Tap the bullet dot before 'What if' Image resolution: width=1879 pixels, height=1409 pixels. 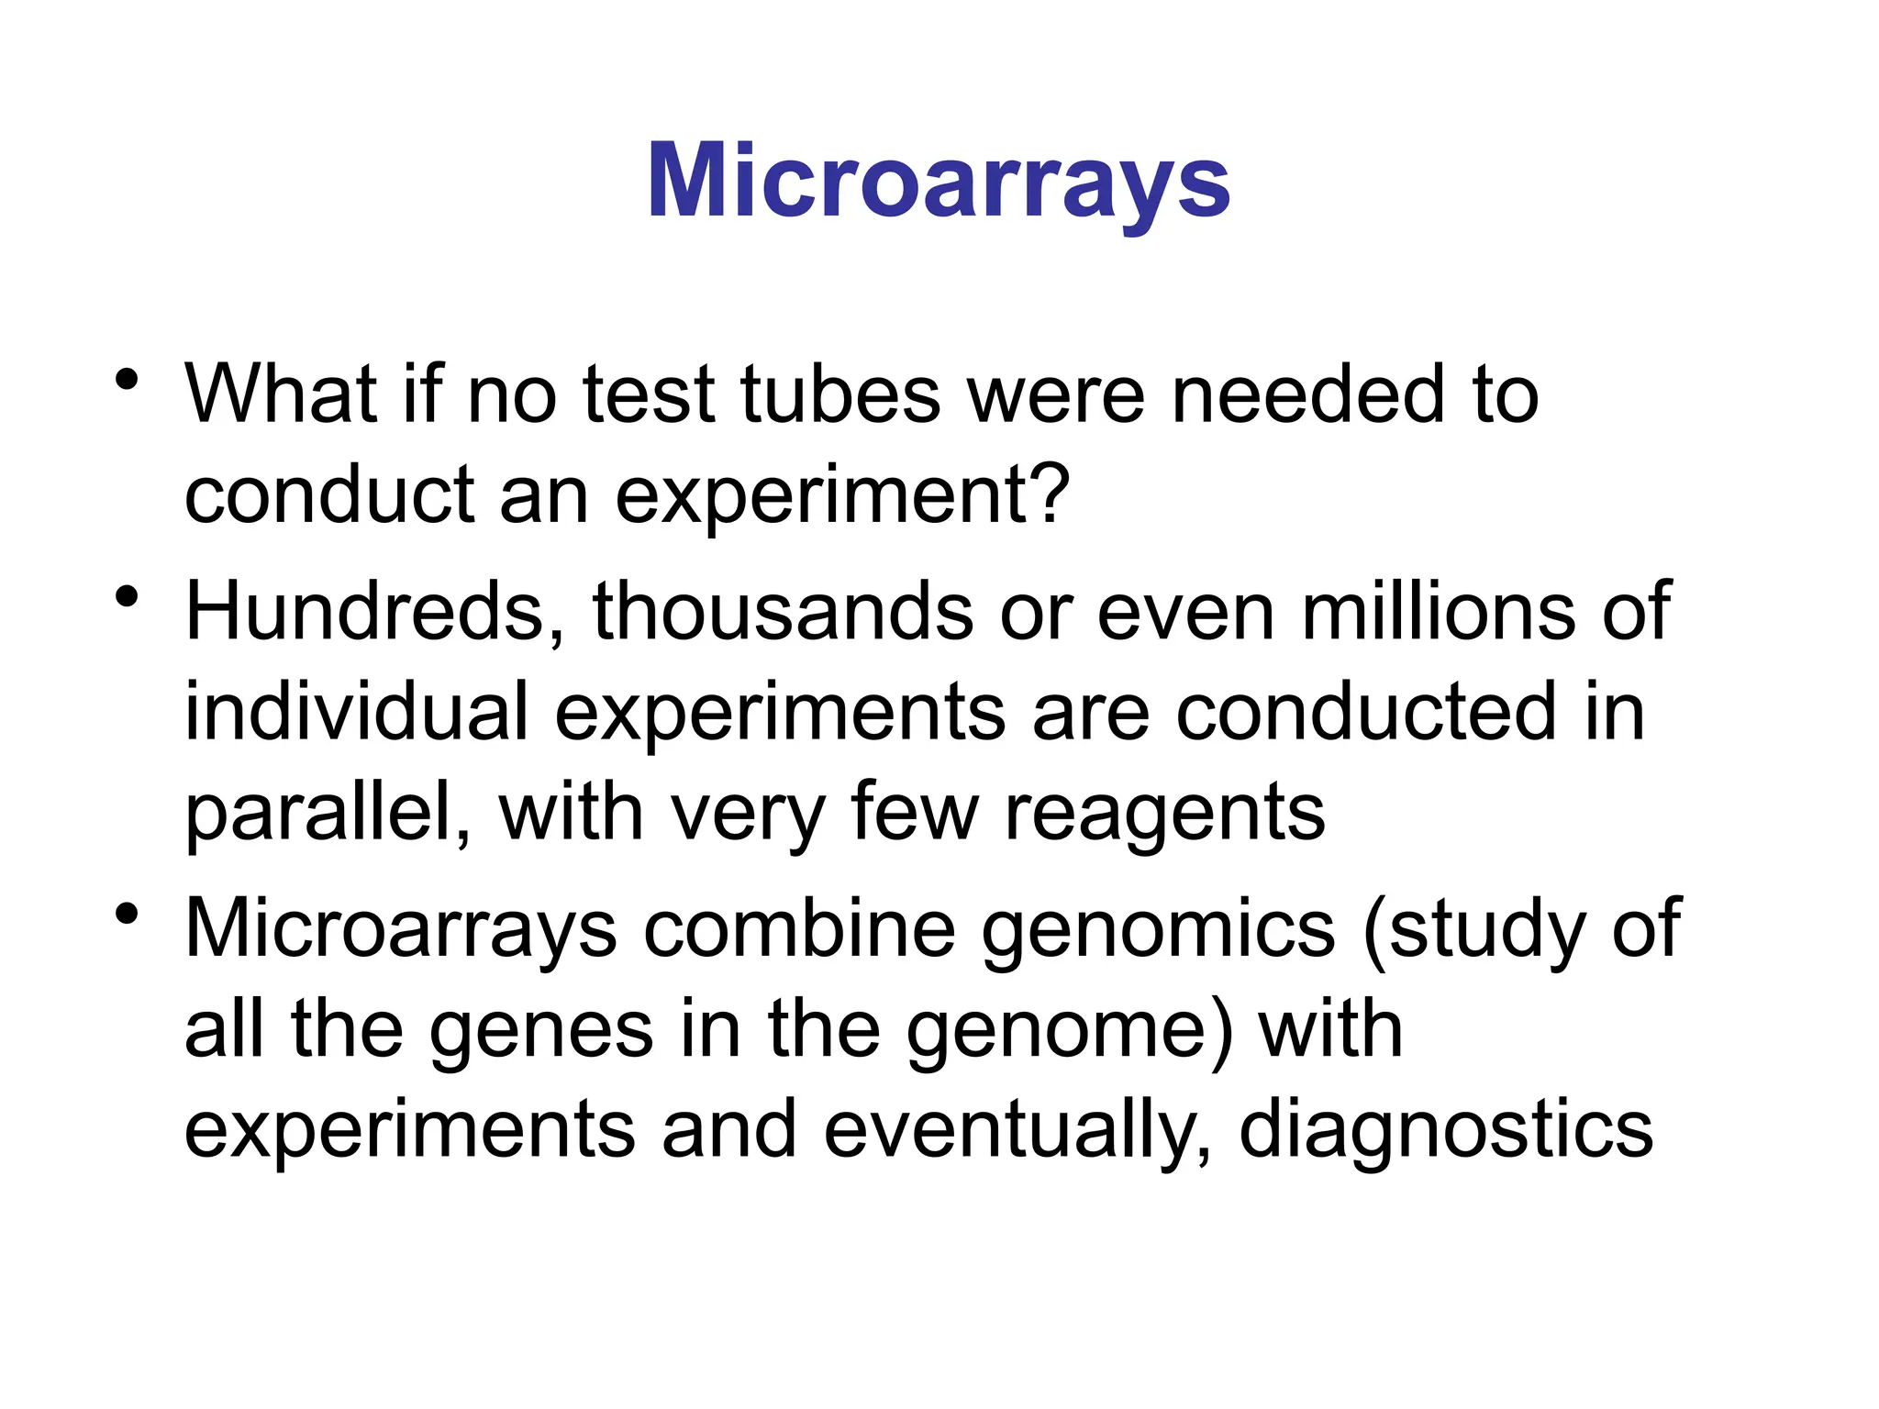[x=128, y=379]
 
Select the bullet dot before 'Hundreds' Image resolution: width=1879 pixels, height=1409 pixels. [x=128, y=597]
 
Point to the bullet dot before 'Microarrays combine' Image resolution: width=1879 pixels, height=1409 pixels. [x=128, y=914]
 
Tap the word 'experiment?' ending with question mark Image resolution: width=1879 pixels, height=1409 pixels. [x=842, y=496]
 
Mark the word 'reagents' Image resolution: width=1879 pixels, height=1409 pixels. [x=1165, y=814]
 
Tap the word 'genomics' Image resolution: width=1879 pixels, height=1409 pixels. [x=1158, y=930]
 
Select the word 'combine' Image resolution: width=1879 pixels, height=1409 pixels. [x=799, y=928]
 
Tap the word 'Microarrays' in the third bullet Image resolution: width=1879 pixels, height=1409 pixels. [x=401, y=928]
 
